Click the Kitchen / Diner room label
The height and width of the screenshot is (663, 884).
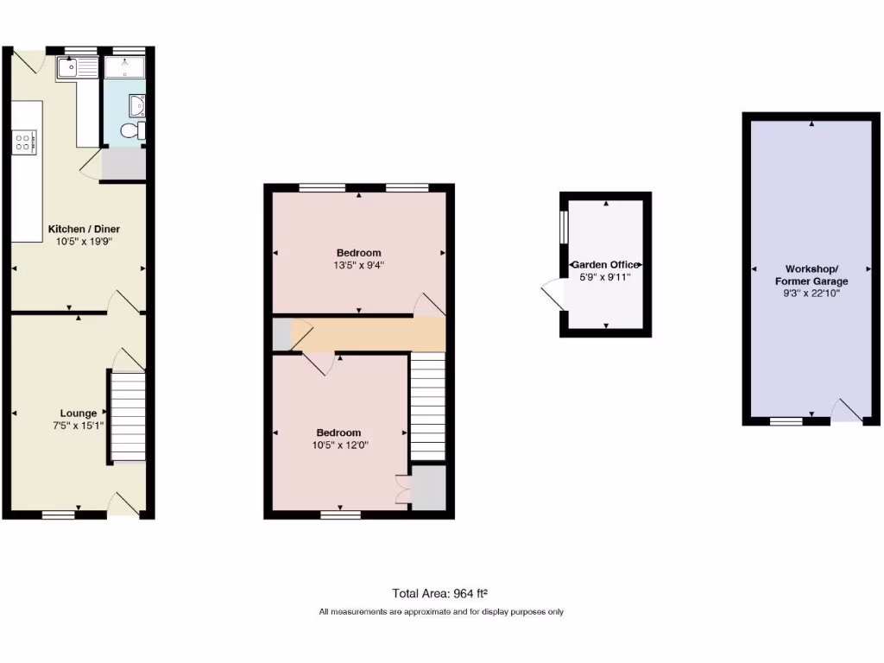(84, 229)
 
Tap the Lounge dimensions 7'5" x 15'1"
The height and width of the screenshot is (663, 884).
(79, 426)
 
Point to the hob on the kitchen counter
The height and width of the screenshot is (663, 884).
(24, 142)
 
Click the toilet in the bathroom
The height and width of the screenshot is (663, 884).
(132, 131)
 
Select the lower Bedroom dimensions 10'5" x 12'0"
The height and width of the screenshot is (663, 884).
(339, 445)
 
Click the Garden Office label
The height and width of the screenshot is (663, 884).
(606, 265)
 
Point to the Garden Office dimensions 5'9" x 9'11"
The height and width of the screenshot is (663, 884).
(605, 277)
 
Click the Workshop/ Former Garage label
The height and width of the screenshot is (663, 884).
(811, 275)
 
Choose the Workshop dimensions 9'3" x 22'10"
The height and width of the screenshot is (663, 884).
(811, 294)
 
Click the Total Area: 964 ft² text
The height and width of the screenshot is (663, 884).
(441, 593)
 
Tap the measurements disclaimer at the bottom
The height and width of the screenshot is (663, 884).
(441, 612)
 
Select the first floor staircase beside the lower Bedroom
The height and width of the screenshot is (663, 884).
(426, 406)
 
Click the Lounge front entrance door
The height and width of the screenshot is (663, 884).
(126, 505)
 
